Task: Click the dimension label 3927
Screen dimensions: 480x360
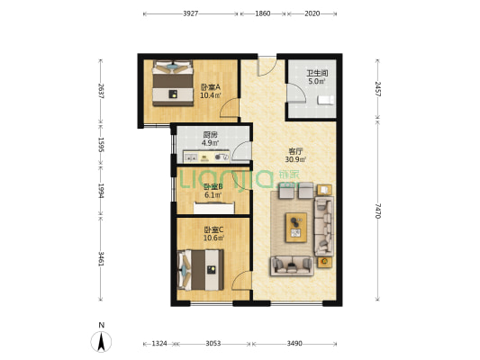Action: click(190, 13)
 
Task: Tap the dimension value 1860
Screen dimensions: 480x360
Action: click(263, 13)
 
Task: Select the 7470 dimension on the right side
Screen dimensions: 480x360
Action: click(377, 211)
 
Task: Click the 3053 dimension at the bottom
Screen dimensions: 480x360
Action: click(213, 344)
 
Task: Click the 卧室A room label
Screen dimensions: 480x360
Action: click(211, 87)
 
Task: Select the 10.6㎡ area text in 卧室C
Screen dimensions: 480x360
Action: click(213, 238)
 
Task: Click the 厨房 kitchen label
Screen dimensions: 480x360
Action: click(210, 135)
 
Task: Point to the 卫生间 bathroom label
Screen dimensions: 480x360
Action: click(318, 74)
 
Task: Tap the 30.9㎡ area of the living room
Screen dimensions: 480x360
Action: click(295, 159)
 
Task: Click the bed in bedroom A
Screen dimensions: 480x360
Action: click(173, 83)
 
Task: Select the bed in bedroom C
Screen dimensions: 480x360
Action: click(200, 270)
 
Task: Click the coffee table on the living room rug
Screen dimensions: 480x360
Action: click(296, 228)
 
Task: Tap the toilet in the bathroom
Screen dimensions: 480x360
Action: click(326, 100)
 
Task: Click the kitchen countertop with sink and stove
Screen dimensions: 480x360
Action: click(206, 157)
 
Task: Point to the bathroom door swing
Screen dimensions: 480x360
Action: click(296, 93)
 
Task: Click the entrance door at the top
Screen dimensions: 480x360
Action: click(267, 67)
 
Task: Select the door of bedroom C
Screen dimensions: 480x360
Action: click(241, 280)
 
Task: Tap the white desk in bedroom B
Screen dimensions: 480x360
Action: click(214, 208)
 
